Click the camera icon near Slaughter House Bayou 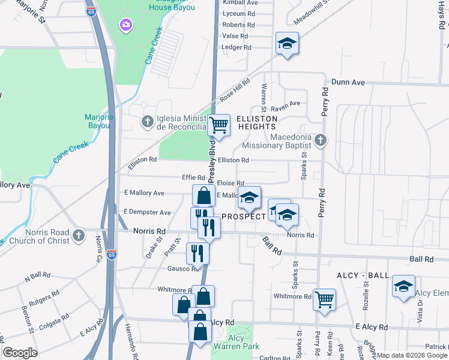[126, 25]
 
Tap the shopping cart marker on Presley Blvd [219, 125]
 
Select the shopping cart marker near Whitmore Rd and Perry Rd [324, 299]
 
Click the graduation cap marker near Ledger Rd [288, 44]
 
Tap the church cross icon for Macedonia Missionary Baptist [320, 140]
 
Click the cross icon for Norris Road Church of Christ [78, 236]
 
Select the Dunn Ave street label [348, 82]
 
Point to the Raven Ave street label [285, 103]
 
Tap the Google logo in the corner [20, 352]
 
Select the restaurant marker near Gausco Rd [197, 253]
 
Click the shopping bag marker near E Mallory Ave [203, 195]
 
